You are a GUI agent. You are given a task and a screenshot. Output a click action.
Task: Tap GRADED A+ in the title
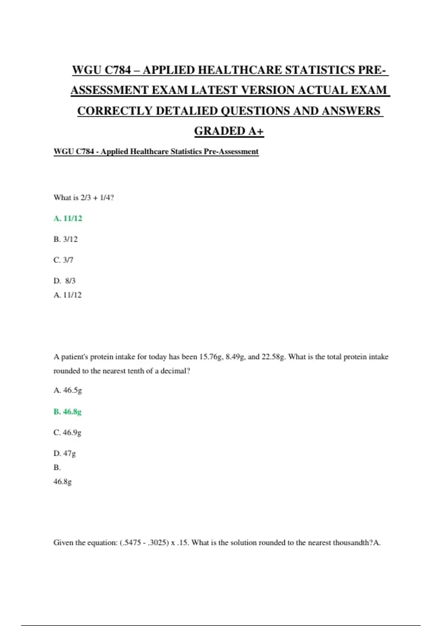coord(229,131)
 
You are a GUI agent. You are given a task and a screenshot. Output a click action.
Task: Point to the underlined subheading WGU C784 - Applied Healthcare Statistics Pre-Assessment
coord(156,152)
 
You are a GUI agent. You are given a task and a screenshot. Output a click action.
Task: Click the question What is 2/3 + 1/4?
coord(84,198)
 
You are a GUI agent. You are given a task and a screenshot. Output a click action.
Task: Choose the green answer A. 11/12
coord(68,218)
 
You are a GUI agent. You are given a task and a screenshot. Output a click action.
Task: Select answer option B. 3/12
coord(66,239)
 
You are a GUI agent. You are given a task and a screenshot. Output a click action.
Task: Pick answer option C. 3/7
coord(63,260)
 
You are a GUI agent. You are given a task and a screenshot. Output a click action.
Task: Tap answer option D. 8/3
coord(64,281)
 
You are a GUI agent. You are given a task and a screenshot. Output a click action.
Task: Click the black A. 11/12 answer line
coord(67,295)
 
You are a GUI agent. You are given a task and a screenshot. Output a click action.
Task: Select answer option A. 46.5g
coord(67,390)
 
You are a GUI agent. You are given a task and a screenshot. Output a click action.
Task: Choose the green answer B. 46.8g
coord(67,412)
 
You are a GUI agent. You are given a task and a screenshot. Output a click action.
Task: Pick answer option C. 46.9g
coord(67,433)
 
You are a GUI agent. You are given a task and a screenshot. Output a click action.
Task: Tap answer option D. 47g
coord(64,453)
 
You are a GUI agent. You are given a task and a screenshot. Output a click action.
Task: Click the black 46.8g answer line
coord(63,482)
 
